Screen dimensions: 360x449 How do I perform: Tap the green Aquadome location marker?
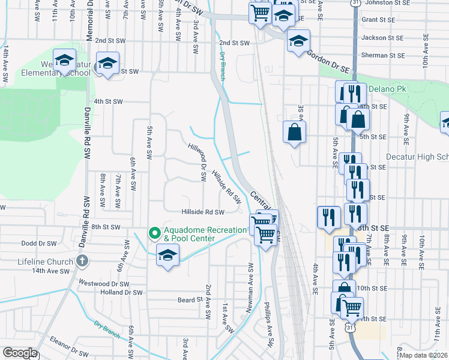[154, 231]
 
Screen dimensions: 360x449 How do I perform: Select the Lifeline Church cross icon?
[82, 261]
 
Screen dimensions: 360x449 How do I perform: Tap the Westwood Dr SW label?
[108, 283]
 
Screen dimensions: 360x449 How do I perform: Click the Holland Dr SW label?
[121, 293]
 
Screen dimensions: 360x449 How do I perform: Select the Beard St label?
[189, 299]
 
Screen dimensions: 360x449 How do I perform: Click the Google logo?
[20, 353]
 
